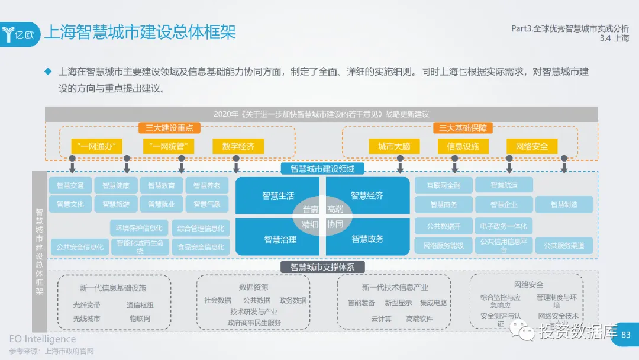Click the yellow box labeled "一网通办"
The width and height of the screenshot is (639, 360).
[x=97, y=146]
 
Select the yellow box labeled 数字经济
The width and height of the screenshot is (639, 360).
[x=238, y=146]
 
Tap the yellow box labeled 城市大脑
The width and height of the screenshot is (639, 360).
[x=395, y=146]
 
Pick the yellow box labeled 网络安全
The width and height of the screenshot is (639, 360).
[x=532, y=146]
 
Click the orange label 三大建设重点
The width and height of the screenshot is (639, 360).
[x=170, y=128]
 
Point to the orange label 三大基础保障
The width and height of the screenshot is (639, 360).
[x=463, y=128]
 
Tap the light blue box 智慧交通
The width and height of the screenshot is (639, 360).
[x=70, y=185]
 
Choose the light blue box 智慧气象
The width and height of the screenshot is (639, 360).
[x=206, y=204]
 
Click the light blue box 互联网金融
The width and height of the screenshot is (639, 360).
[x=444, y=185]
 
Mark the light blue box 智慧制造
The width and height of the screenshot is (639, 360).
[x=564, y=204]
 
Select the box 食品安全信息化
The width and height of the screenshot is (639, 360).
[x=201, y=247]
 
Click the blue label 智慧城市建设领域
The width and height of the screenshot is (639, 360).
[x=322, y=169]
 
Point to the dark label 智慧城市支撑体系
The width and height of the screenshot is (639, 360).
[x=322, y=267]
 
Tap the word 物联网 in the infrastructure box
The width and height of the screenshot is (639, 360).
[x=140, y=319]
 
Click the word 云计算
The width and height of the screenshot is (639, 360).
[x=381, y=319]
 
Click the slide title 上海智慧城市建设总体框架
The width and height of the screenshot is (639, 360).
[x=140, y=31]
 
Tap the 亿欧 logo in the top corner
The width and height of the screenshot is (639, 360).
[x=22, y=33]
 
